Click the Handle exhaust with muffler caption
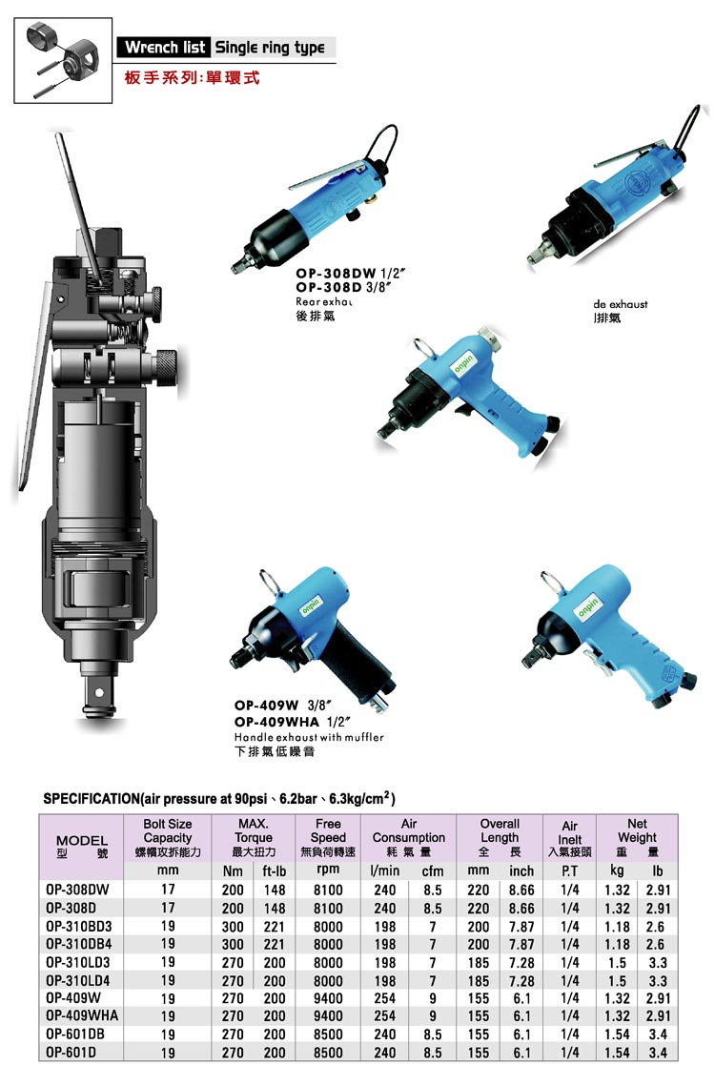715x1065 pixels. tap(309, 738)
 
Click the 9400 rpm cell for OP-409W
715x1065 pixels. tap(328, 997)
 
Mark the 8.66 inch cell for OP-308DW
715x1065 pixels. tap(521, 890)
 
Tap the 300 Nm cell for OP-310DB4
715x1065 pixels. tap(233, 944)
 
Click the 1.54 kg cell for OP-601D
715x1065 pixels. tap(617, 1052)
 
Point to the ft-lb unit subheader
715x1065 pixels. tap(275, 871)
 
